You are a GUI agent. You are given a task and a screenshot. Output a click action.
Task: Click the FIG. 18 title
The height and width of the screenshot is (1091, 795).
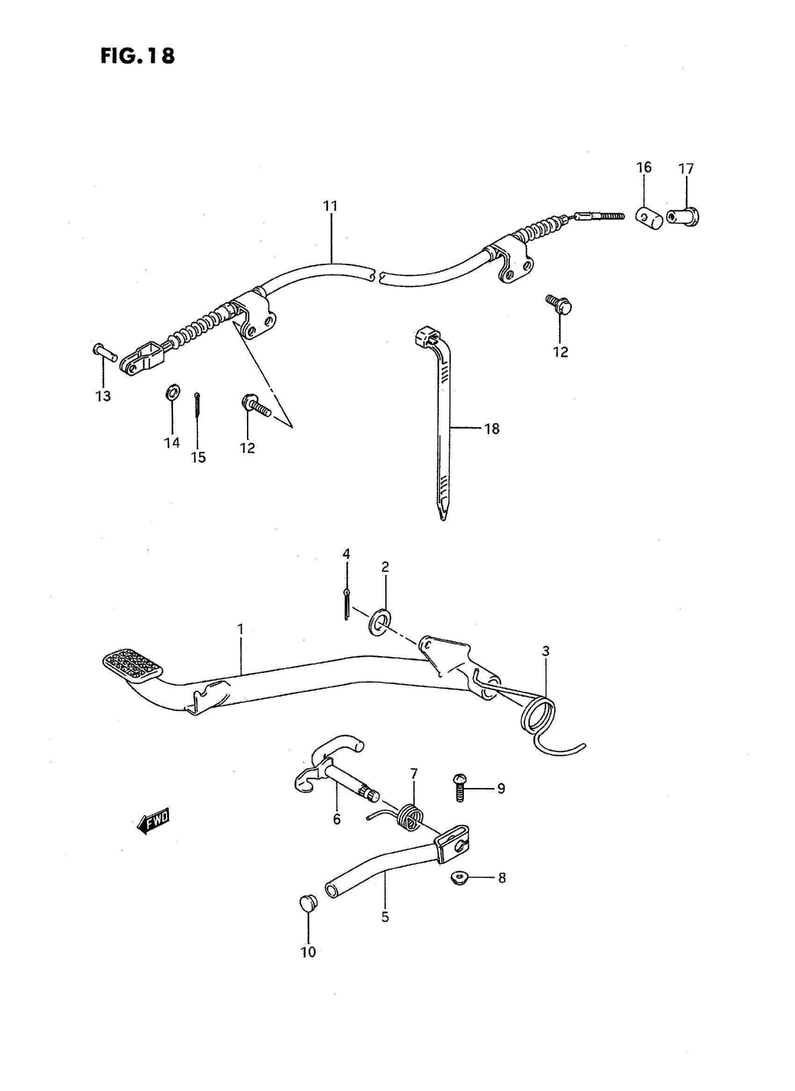coord(137,56)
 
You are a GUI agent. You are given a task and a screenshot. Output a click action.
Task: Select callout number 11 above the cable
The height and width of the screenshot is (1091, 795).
coord(330,206)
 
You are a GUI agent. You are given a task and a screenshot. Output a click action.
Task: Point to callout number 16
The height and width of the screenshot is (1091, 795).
coord(644,167)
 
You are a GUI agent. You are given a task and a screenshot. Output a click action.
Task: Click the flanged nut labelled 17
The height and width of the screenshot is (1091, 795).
coord(684,217)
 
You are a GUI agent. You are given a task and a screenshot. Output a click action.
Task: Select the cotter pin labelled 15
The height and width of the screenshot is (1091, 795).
coord(197,405)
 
